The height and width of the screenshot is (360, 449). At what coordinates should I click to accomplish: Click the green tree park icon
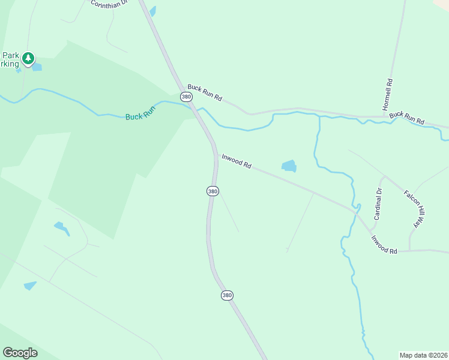coord(28,59)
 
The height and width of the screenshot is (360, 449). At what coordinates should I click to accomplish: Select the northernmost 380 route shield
coord(186,96)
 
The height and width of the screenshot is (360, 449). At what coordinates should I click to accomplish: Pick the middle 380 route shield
coord(212,191)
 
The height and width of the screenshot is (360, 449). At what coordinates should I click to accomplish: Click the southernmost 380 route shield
coord(226,295)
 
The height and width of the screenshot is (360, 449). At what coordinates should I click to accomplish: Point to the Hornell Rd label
coord(388,95)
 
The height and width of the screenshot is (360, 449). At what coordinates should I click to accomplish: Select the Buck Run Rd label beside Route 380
coord(205,93)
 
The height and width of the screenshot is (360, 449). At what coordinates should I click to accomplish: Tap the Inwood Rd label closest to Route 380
coord(236,161)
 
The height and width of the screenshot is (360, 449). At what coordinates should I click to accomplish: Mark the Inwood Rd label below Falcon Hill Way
coord(384,245)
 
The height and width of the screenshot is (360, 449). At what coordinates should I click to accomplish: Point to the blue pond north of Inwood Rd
coord(289,166)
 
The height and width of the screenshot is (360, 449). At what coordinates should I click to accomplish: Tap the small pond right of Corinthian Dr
coord(152,11)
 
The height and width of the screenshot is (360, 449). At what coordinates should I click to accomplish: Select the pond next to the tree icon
coord(37,67)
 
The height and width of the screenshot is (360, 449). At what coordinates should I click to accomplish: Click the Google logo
coord(20,353)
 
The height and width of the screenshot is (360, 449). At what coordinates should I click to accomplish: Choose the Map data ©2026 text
coord(423,355)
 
